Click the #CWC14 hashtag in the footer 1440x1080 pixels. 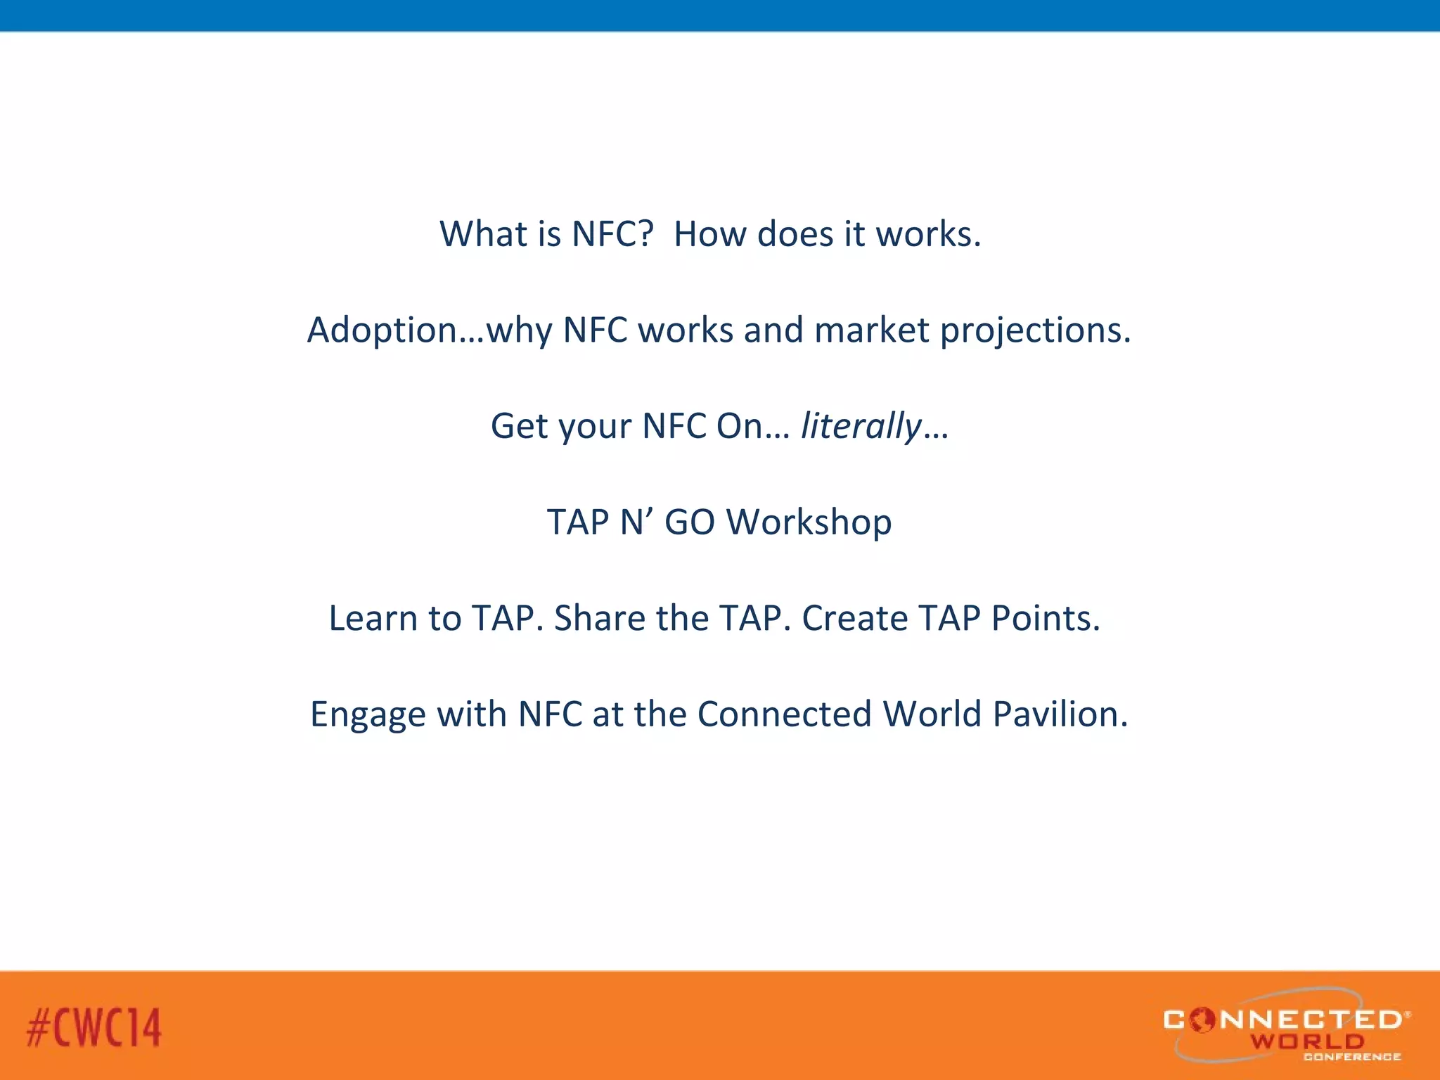[x=94, y=1027]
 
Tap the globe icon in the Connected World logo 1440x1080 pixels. [x=1202, y=1020]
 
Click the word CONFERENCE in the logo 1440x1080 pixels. [x=1351, y=1057]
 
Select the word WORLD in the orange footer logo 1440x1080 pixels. [x=1306, y=1041]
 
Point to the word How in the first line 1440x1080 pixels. [x=709, y=233]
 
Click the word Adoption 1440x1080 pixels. [x=382, y=330]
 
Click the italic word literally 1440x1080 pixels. [x=861, y=427]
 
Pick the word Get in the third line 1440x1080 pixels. [x=519, y=427]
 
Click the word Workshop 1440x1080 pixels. [x=809, y=522]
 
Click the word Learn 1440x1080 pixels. [x=373, y=618]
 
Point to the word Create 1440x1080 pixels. [x=854, y=618]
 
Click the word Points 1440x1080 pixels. [x=1044, y=618]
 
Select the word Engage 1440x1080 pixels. [x=368, y=715]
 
